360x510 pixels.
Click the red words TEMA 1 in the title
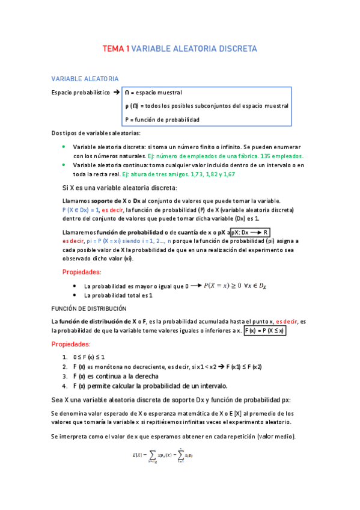[115, 48]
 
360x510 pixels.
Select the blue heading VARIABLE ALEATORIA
[85, 79]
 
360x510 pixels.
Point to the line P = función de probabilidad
[162, 119]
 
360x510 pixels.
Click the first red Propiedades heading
[82, 272]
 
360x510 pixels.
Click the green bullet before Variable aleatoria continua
[64, 165]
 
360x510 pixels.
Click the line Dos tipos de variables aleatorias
[96, 133]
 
